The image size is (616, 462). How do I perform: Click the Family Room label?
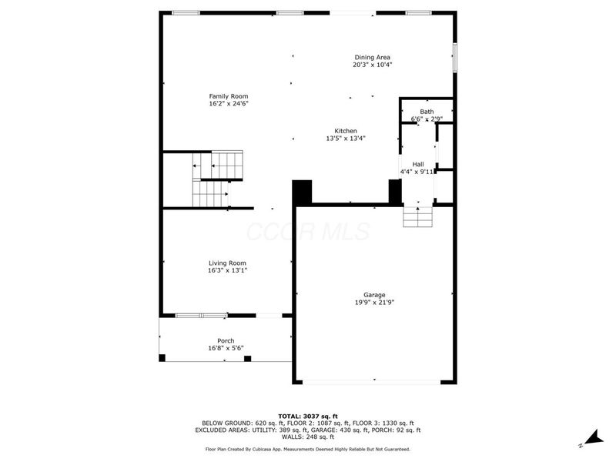[228, 96]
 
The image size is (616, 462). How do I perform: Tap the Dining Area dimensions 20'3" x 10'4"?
[372, 65]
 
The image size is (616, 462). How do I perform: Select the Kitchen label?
[345, 131]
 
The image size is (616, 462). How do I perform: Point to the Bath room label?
[426, 112]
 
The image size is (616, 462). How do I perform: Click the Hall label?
[417, 164]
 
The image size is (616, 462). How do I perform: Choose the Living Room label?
[227, 263]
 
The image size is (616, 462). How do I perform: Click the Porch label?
[226, 341]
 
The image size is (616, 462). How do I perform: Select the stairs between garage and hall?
[418, 216]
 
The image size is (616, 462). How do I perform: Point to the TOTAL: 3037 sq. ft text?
[307, 416]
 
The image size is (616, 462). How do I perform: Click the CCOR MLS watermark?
[307, 232]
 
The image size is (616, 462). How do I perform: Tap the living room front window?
[200, 315]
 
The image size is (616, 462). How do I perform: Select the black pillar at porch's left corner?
[162, 358]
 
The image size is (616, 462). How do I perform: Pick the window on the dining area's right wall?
[455, 57]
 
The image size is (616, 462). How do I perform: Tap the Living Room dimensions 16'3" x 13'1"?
[227, 270]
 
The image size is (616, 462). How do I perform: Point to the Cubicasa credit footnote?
[307, 449]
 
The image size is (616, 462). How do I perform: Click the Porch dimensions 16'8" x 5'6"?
[226, 349]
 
